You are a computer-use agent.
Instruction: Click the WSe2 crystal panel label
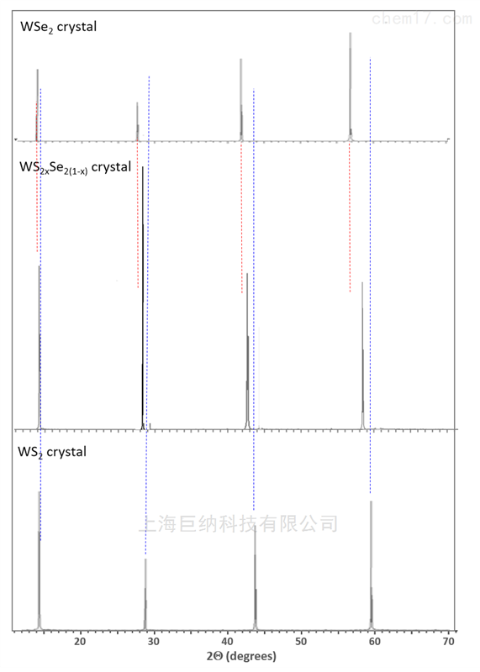pos(58,27)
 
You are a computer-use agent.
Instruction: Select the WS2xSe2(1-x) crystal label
pos(75,167)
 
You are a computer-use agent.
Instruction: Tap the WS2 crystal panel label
pos(52,452)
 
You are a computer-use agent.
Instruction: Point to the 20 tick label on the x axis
pos(80,641)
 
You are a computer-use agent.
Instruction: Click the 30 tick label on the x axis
pos(153,641)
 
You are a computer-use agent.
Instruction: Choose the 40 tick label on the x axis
pos(227,641)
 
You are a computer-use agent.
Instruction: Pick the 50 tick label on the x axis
pos(301,641)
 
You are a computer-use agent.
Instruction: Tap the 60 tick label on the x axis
pos(375,641)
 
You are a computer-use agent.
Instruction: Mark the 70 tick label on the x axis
pos(449,641)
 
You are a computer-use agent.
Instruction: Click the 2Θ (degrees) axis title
pos(241,656)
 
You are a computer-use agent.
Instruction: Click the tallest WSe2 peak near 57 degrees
pos(351,87)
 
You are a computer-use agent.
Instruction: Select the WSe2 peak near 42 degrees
pos(241,99)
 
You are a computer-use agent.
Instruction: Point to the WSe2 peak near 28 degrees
pos(137,121)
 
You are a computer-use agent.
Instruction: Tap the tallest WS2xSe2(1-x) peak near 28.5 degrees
pos(143,297)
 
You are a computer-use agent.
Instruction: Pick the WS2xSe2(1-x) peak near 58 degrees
pos(362,355)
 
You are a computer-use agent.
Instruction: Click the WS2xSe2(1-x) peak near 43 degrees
pos(247,351)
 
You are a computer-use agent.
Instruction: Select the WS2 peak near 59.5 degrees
pos(371,565)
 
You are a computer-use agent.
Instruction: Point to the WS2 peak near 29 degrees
pos(145,594)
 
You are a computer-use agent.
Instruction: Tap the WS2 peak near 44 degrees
pos(256,578)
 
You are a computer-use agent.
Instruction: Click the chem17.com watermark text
pos(421,18)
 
